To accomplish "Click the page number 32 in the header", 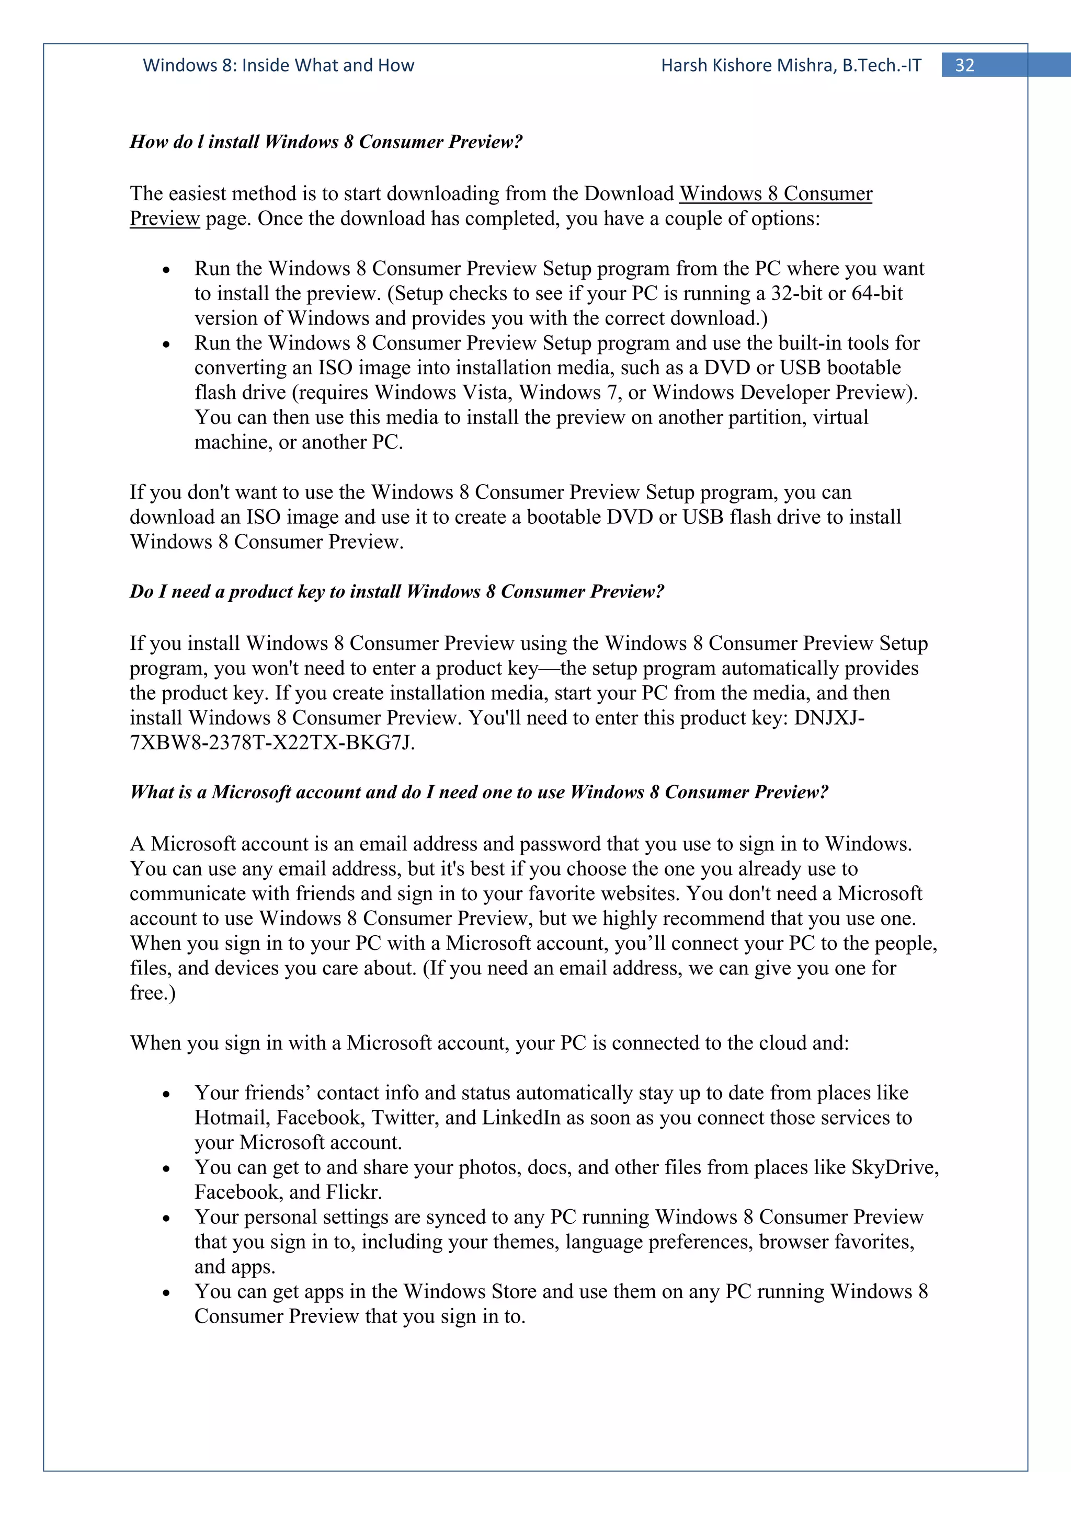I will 964,65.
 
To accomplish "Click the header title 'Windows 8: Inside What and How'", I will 279,65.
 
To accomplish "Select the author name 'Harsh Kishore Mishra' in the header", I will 748,65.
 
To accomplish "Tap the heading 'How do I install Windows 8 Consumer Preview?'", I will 326,142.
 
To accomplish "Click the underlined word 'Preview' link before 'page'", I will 164,219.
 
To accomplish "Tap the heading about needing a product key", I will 396,591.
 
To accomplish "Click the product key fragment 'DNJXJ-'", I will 829,718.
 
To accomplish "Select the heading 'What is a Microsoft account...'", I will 478,792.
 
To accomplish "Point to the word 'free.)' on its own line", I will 152,992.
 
